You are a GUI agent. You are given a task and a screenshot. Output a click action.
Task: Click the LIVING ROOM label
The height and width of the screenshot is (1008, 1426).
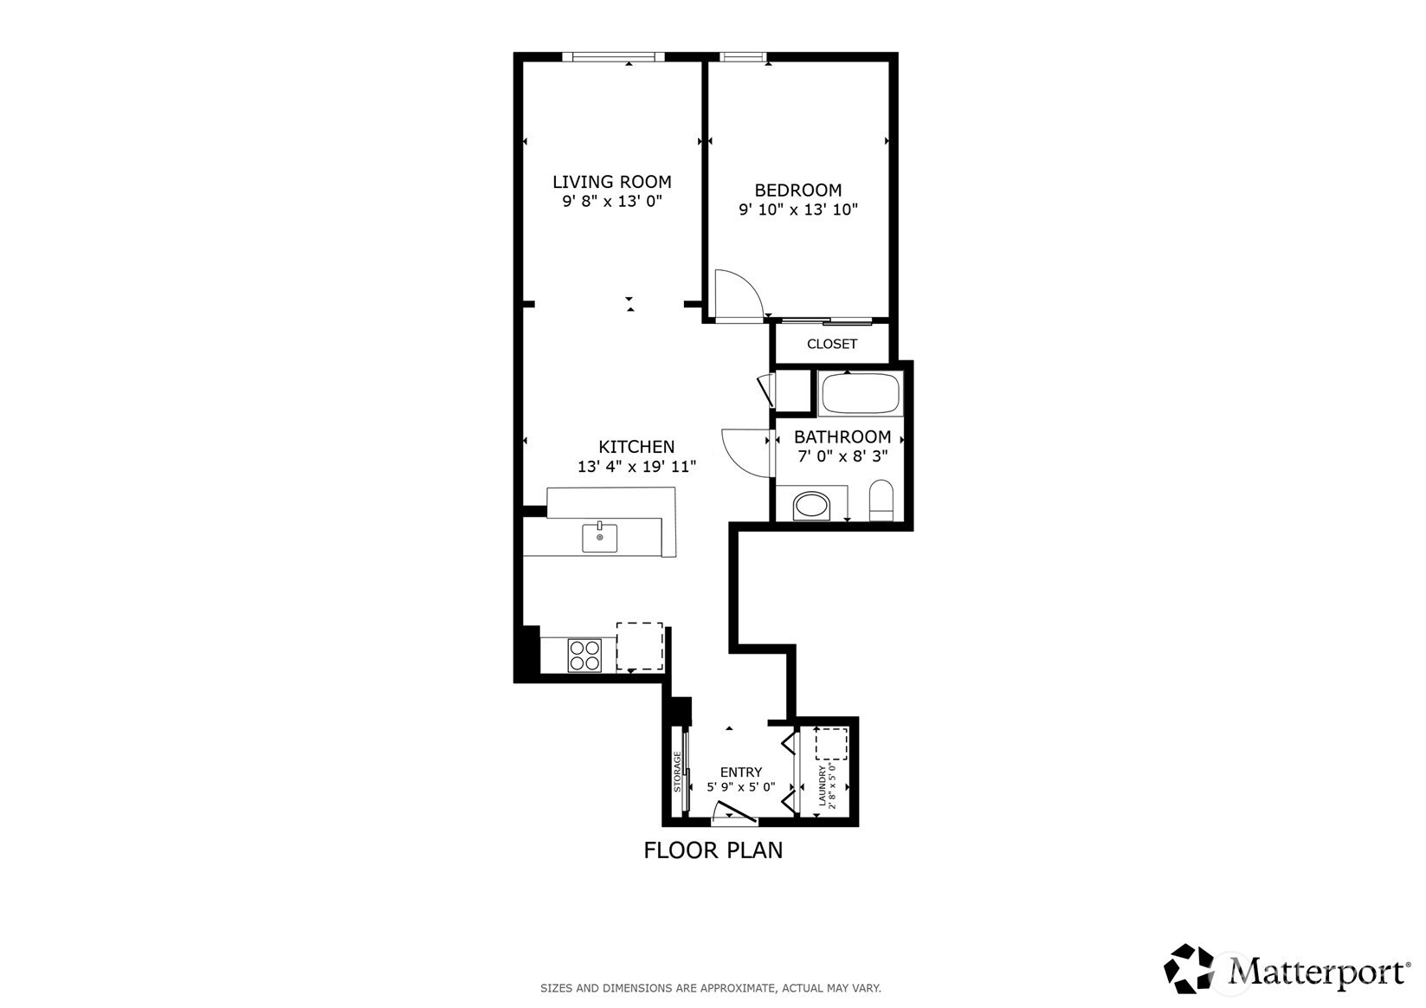[x=612, y=182]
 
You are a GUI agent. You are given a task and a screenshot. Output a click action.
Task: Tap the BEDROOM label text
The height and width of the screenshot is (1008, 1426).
[x=797, y=191]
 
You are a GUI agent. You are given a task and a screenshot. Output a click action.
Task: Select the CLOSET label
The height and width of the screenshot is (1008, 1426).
[x=832, y=344]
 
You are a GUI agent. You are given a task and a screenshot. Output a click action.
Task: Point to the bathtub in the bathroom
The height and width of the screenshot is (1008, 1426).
[x=860, y=393]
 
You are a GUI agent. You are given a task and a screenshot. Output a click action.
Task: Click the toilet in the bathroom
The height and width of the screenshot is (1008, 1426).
[x=881, y=500]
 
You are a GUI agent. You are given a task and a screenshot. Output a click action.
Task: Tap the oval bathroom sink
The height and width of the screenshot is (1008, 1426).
[x=811, y=507]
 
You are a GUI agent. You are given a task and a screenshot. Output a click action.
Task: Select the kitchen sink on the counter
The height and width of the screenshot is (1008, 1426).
[x=600, y=538]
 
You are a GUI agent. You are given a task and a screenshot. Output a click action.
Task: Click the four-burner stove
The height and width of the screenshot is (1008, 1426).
[x=585, y=656]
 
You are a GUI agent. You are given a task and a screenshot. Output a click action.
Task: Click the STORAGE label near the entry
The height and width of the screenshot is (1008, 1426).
[x=677, y=771]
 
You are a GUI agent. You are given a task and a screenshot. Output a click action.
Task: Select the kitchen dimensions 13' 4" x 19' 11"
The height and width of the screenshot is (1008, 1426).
[x=636, y=467]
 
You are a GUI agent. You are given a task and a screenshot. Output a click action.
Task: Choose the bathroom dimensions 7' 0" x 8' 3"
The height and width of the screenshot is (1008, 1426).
[x=842, y=456]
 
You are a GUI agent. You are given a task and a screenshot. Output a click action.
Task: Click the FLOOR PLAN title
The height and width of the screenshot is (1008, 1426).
[x=713, y=850]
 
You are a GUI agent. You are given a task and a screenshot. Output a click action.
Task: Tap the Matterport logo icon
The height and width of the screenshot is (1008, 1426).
[x=1189, y=968]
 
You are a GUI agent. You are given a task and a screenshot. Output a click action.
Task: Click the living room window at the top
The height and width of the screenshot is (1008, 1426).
[x=613, y=57]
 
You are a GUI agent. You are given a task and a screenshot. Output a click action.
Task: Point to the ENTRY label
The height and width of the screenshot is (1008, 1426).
[x=741, y=772]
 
